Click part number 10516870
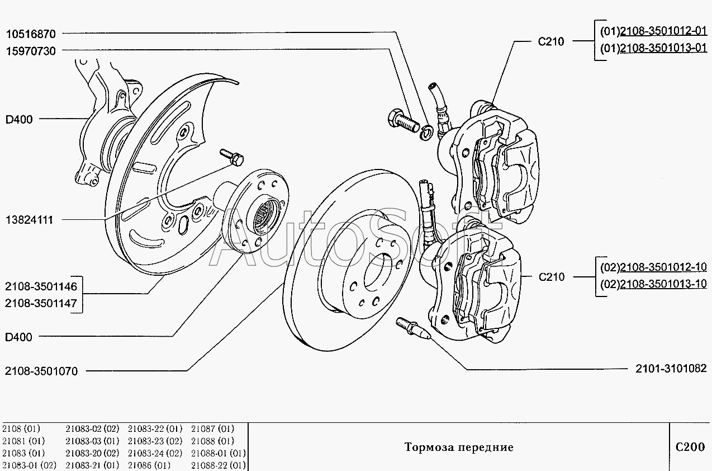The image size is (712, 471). pyautogui.click(x=31, y=34)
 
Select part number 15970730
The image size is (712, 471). pyautogui.click(x=31, y=51)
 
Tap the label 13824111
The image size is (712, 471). pyautogui.click(x=29, y=220)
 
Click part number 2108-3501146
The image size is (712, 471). pyautogui.click(x=41, y=286)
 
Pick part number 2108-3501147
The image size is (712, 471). pyautogui.click(x=41, y=303)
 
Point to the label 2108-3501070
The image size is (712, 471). pyautogui.click(x=41, y=371)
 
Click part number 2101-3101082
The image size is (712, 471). pyautogui.click(x=671, y=369)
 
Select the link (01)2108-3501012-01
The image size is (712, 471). pyautogui.click(x=653, y=31)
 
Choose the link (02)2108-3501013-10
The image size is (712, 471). pyautogui.click(x=653, y=284)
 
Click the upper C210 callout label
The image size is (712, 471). pyautogui.click(x=551, y=41)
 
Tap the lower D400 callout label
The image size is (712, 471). pyautogui.click(x=19, y=337)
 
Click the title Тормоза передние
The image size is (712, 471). pyautogui.click(x=459, y=448)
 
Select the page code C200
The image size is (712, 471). pyautogui.click(x=690, y=447)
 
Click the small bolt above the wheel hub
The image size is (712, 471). pyautogui.click(x=232, y=157)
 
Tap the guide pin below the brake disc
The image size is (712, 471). pyautogui.click(x=413, y=328)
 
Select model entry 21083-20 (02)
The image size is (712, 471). pyautogui.click(x=92, y=453)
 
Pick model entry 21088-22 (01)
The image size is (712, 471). pyautogui.click(x=219, y=465)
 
